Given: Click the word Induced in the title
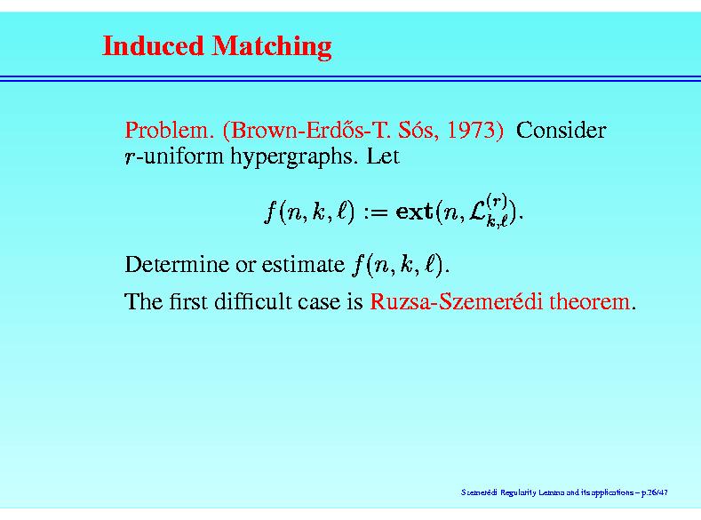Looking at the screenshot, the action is (x=153, y=45).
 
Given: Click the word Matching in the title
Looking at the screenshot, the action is (x=272, y=47).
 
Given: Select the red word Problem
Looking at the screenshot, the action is (x=167, y=130).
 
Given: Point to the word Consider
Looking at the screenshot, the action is (x=562, y=130).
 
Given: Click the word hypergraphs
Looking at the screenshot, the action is (x=294, y=157).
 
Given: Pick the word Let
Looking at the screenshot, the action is (x=383, y=156).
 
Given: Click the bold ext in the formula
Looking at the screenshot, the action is (x=414, y=212).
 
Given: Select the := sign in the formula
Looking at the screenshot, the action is (x=376, y=212).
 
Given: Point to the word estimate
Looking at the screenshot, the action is (x=303, y=265).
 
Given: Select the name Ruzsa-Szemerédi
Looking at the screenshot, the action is (x=456, y=301).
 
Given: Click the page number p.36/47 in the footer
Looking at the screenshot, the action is (x=655, y=492).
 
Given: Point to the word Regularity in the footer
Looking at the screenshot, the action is (x=518, y=492).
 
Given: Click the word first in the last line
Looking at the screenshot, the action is (x=187, y=301).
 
